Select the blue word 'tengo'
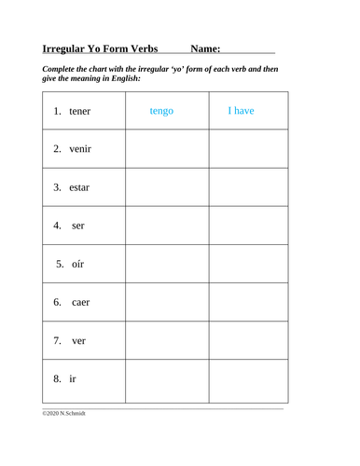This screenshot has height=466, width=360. [x=166, y=112]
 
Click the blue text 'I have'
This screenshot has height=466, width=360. [x=241, y=112]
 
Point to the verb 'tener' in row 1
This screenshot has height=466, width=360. [x=81, y=112]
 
